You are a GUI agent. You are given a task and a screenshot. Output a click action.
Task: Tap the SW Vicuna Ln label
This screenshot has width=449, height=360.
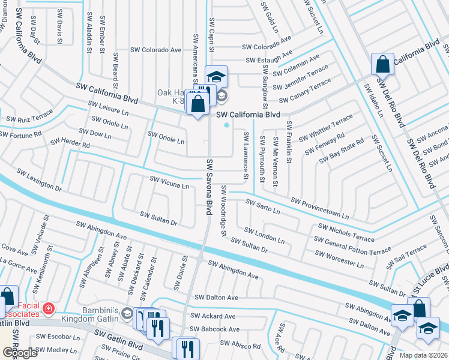click(x=169, y=182)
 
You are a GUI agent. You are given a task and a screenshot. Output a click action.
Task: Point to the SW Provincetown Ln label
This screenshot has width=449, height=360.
click(x=319, y=208)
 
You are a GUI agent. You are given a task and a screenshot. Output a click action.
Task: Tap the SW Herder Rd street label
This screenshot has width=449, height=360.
click(x=70, y=143)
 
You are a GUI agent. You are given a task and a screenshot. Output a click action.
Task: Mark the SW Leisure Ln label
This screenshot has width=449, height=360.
click(x=109, y=108)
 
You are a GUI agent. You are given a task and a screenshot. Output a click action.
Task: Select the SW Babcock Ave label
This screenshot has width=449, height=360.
click(x=215, y=329)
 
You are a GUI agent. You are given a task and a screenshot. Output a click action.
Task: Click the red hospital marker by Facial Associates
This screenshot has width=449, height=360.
click(x=49, y=310)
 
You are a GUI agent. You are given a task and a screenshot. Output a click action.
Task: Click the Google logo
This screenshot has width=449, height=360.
click(x=20, y=353)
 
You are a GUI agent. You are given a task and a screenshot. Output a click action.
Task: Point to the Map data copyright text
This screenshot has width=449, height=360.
click(x=424, y=355)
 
